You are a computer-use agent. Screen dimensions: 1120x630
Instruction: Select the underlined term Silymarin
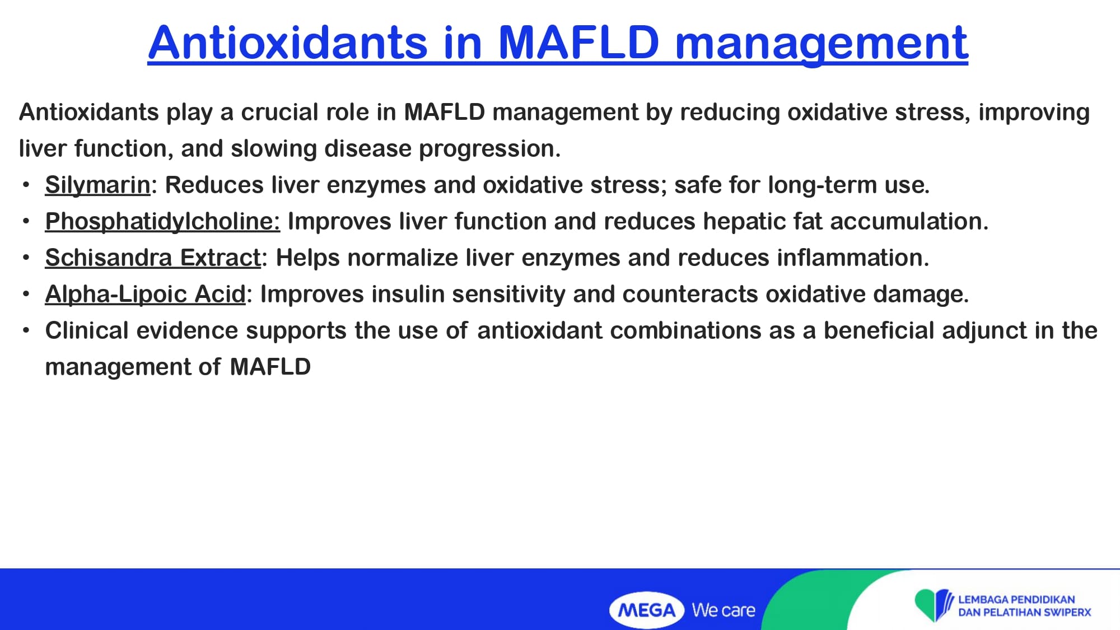pyautogui.click(x=97, y=185)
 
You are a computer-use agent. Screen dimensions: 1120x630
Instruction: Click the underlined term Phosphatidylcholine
pyautogui.click(x=162, y=222)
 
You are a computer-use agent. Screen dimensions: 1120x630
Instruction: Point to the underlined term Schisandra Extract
pyautogui.click(x=153, y=258)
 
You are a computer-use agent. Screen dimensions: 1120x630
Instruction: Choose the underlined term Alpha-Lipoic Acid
pyautogui.click(x=145, y=295)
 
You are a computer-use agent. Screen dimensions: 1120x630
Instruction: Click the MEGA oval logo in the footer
pyautogui.click(x=647, y=610)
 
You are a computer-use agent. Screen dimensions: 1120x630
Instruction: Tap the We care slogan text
pyautogui.click(x=724, y=610)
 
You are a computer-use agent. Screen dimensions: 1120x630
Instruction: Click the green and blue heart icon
pyautogui.click(x=934, y=605)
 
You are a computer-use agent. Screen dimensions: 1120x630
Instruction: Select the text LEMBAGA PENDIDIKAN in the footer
pyautogui.click(x=1016, y=599)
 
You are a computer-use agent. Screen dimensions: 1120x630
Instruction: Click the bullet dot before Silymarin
pyautogui.click(x=26, y=185)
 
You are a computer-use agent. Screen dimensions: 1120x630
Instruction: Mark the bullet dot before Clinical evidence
pyautogui.click(x=26, y=331)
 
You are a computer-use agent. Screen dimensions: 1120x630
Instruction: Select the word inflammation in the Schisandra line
pyautogui.click(x=853, y=258)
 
